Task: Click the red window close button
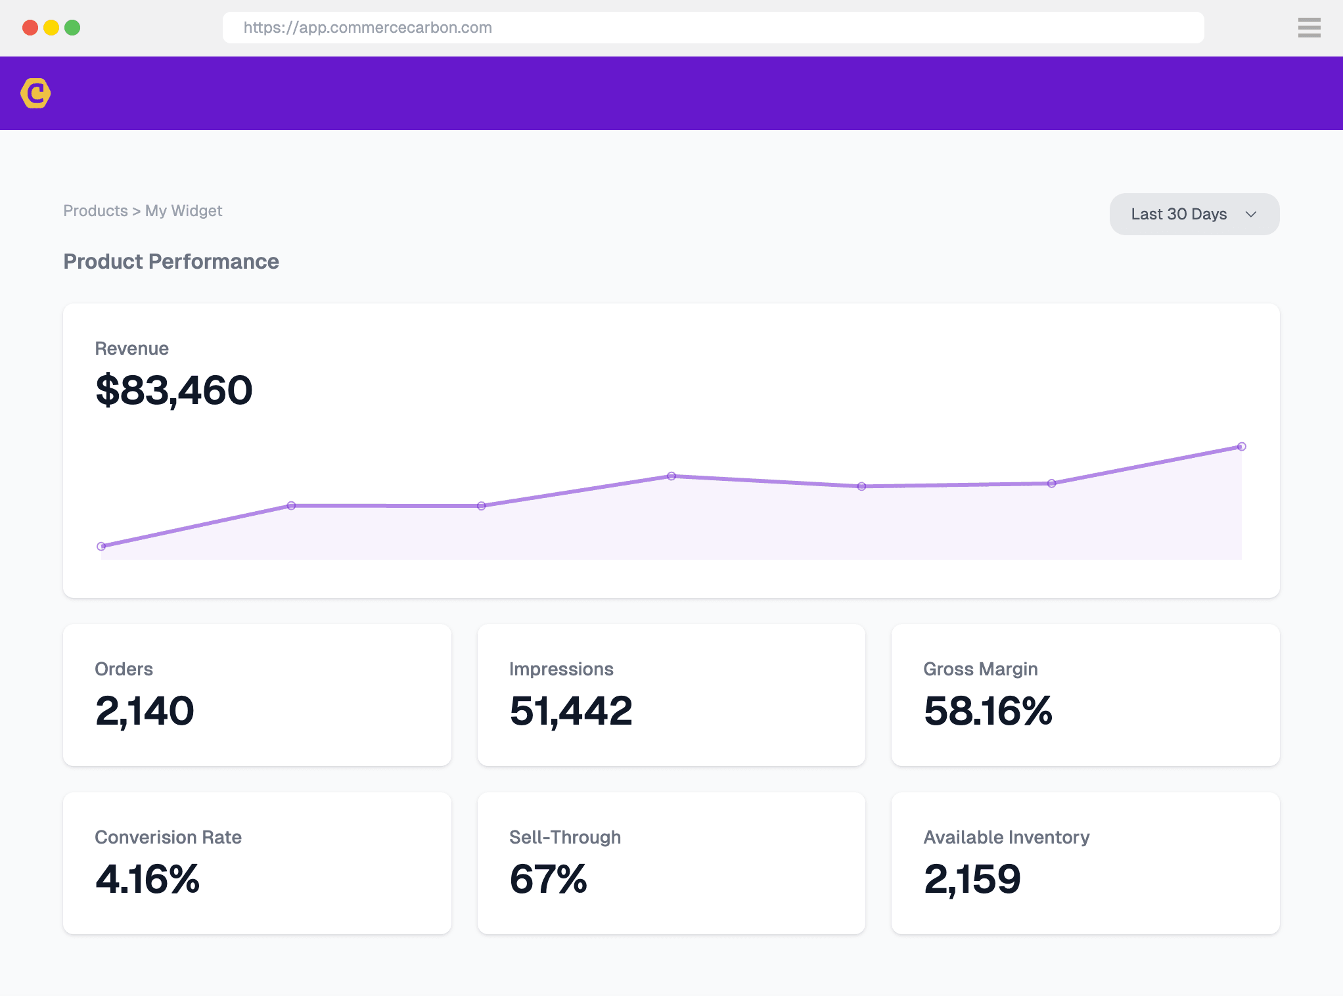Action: (x=30, y=28)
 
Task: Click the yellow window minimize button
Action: (x=51, y=28)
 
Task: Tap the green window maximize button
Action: (x=72, y=28)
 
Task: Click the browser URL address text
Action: (x=367, y=28)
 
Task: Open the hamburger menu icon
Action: (x=1309, y=28)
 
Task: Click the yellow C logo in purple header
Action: (x=35, y=93)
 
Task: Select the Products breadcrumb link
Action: (x=95, y=211)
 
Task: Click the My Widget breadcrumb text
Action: (x=183, y=211)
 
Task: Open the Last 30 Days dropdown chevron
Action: (x=1251, y=214)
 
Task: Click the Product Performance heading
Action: (x=171, y=261)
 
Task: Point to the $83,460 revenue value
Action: (x=174, y=390)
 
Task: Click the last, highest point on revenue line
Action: (x=1241, y=447)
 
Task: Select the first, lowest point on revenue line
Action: (x=101, y=546)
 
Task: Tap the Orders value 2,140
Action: (x=145, y=711)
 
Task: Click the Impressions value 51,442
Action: (x=570, y=711)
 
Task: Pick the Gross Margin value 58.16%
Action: (x=988, y=711)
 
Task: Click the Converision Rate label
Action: (x=168, y=837)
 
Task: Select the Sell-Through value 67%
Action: (x=548, y=879)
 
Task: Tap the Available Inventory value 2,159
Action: (x=972, y=879)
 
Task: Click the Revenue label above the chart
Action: (x=131, y=348)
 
